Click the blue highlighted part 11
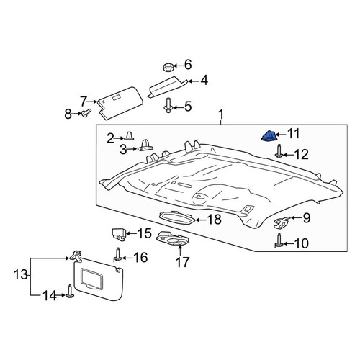tap(269, 136)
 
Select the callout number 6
tap(188, 65)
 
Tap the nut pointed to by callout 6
tap(168, 67)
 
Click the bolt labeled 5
tap(168, 105)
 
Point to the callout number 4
tap(204, 81)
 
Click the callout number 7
tap(83, 102)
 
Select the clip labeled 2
tap(129, 135)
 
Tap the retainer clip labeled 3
tap(145, 146)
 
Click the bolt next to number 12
tap(279, 151)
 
